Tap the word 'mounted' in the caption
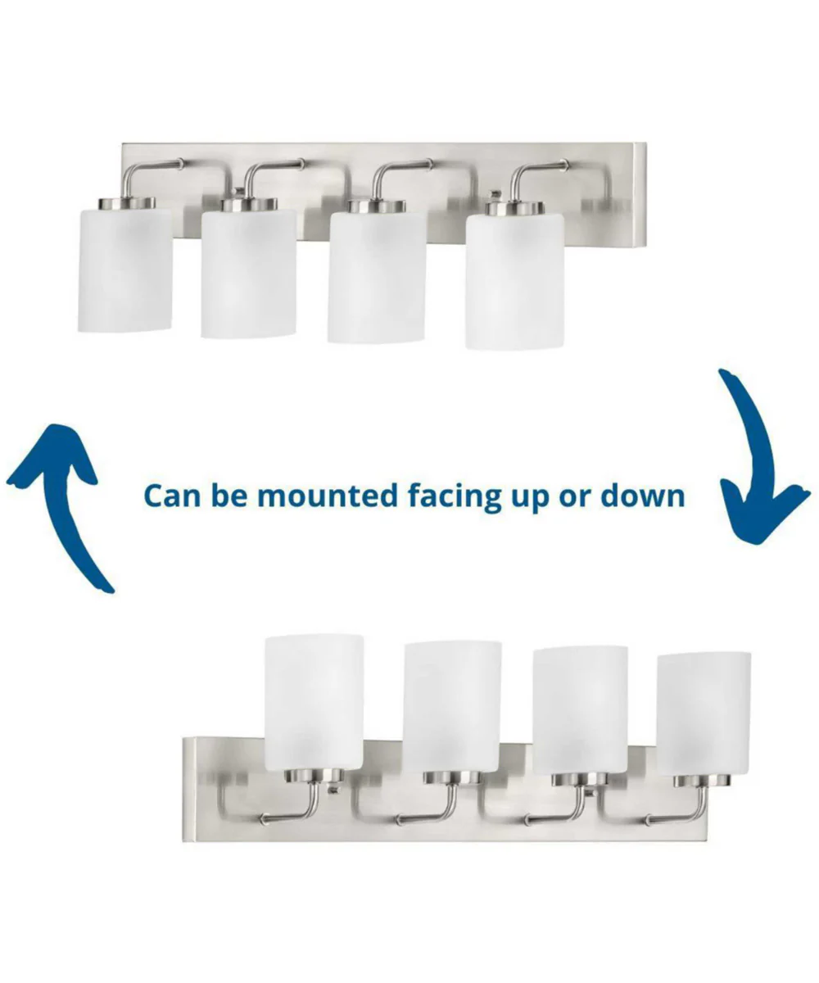click(327, 496)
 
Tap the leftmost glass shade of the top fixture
click(124, 270)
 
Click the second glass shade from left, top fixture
click(248, 274)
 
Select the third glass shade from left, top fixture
click(378, 278)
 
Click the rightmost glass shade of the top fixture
click(514, 281)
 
